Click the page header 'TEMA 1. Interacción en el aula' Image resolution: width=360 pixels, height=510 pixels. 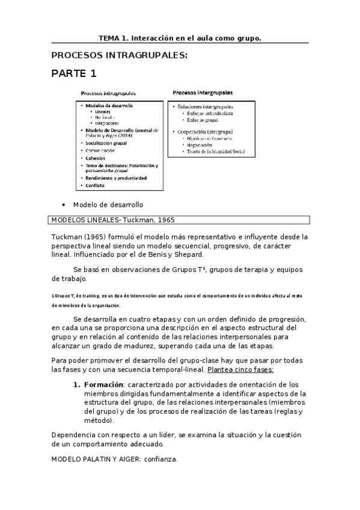click(x=180, y=37)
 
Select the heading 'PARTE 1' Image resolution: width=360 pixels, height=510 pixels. click(x=73, y=74)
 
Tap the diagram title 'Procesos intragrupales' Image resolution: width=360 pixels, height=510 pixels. click(x=108, y=94)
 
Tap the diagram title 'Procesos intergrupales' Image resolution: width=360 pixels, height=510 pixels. click(x=203, y=93)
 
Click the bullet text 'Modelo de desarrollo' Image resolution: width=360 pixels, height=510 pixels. click(x=108, y=204)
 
